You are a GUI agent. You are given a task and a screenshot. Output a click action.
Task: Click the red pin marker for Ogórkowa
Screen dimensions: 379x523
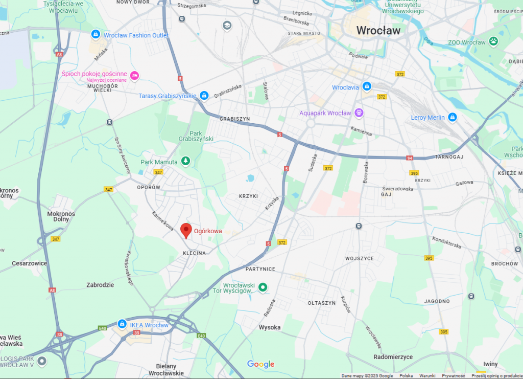pos(186,231)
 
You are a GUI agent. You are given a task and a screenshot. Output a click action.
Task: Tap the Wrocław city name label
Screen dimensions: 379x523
pos(378,30)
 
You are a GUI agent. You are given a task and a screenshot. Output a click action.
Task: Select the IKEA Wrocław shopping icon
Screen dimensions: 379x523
pos(122,324)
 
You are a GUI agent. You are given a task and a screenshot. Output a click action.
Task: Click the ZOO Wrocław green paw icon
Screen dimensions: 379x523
pos(493,41)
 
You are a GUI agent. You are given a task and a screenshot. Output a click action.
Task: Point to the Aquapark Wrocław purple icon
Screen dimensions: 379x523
pos(359,113)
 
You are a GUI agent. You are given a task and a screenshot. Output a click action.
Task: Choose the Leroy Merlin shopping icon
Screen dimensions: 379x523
pos(452,118)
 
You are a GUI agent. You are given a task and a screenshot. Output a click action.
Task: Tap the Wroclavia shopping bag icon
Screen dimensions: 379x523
pos(366,87)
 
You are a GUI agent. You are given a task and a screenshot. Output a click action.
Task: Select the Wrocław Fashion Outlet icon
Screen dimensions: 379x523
pos(95,35)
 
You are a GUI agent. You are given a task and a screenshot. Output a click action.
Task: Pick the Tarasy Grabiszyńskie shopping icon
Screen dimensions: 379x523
pos(204,96)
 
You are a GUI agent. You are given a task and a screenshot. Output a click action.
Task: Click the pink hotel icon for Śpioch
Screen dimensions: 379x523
pos(134,76)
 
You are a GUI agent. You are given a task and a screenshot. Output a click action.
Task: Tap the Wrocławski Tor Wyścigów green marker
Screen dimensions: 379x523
pos(263,287)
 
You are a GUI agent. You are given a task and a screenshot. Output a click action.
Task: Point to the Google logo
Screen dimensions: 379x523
pos(261,364)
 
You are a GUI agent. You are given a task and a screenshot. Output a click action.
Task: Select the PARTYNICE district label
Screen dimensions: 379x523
pos(260,269)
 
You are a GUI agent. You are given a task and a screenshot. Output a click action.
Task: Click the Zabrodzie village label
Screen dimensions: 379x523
pos(100,285)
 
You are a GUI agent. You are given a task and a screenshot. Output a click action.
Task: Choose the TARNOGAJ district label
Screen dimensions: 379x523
pos(449,157)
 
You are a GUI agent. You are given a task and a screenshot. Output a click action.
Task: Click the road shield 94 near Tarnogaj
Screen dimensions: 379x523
pos(410,158)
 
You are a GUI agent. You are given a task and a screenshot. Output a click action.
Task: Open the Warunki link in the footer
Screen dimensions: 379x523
pos(427,376)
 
